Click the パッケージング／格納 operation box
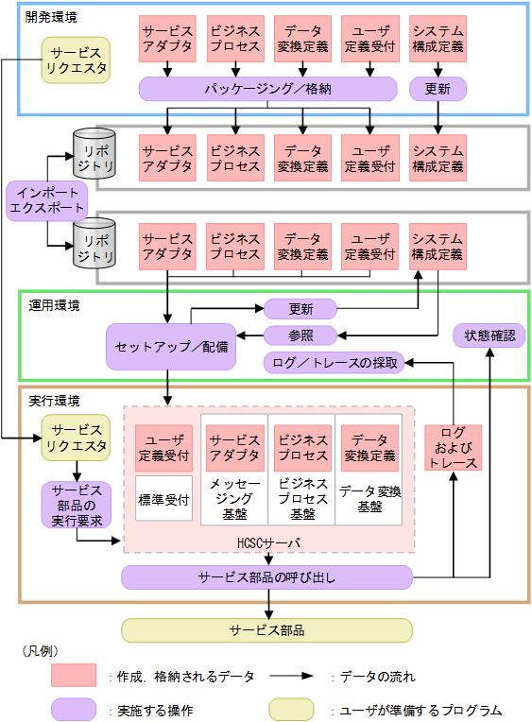pyautogui.click(x=267, y=89)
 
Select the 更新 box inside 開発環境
pyautogui.click(x=438, y=89)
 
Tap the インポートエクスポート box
pyautogui.click(x=46, y=201)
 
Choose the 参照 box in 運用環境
pyautogui.click(x=300, y=335)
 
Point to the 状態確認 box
pyautogui.click(x=489, y=335)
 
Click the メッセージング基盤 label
pyautogui.click(x=234, y=498)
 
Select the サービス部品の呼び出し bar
pyautogui.click(x=266, y=576)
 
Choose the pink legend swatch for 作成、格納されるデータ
pyautogui.click(x=74, y=676)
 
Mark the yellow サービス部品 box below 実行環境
pyautogui.click(x=266, y=629)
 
